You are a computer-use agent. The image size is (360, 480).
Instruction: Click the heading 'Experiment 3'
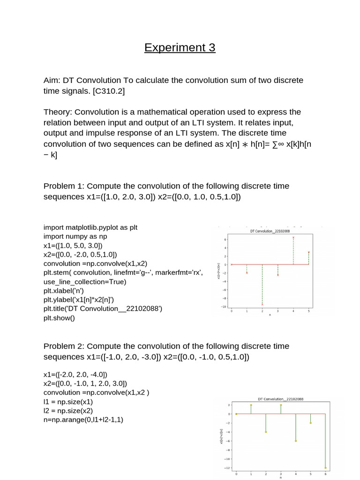[180, 47]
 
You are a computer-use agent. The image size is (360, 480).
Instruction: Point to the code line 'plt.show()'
[59, 317]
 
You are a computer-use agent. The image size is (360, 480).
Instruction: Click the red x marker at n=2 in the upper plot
[262, 305]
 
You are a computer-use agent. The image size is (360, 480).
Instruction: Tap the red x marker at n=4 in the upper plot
[293, 238]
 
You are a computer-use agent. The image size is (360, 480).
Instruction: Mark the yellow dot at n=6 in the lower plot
[325, 468]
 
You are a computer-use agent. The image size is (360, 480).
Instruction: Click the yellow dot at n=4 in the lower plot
[295, 441]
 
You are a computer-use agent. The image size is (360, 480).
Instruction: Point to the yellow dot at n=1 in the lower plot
[251, 405]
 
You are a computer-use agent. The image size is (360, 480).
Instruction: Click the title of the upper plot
[270, 231]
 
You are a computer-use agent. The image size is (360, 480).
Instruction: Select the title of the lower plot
[281, 399]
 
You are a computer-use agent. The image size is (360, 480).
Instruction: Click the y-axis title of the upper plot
[218, 271]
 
